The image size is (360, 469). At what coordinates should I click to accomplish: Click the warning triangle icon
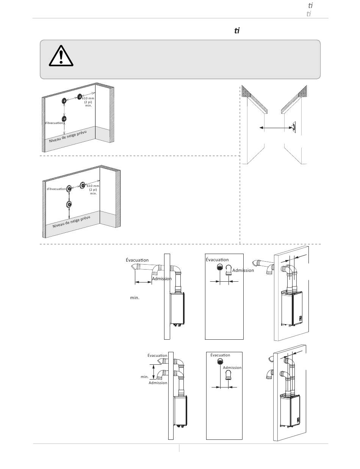pos(61,56)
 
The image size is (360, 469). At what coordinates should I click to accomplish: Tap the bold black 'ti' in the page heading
pos(237,31)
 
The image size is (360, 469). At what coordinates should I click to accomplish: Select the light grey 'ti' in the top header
pos(309,14)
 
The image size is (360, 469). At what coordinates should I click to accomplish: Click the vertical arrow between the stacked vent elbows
pos(153,372)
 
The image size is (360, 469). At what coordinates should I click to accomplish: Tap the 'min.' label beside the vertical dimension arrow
pos(144,377)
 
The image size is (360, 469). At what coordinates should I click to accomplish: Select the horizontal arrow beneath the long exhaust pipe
pos(143,282)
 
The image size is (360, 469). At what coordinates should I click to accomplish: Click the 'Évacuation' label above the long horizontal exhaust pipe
pos(137,260)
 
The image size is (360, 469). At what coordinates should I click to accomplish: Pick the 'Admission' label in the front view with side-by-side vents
pos(243,270)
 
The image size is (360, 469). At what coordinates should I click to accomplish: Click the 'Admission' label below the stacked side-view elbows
pos(158,383)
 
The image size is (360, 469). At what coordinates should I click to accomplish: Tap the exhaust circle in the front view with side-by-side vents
pos(220,267)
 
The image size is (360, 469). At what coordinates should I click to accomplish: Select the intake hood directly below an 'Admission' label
pos(229,375)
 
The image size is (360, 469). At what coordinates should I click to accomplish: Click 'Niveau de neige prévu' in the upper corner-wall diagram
pos(68,136)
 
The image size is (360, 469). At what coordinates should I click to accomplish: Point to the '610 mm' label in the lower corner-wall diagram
pos(93,186)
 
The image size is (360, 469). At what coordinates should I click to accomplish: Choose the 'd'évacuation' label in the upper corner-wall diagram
pos(54,123)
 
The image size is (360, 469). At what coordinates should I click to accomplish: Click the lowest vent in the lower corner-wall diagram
pos(69,204)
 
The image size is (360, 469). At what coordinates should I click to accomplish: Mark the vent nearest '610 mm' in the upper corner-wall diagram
pos(80,96)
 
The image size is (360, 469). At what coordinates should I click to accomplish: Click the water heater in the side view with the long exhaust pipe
pos(177,309)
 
